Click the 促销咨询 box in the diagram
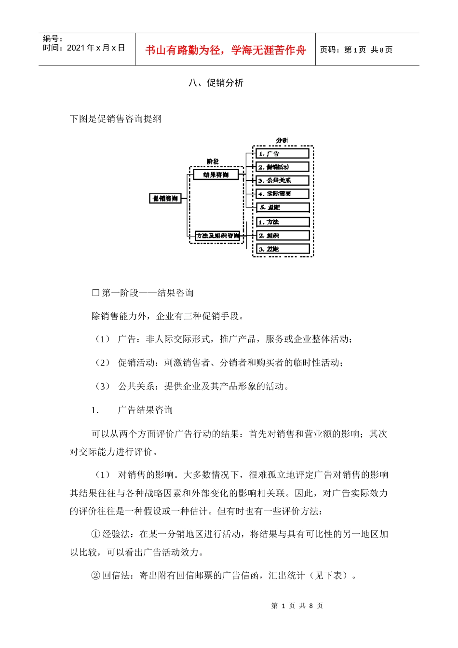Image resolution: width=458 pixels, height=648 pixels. [x=165, y=198]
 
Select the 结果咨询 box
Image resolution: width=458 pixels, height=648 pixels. [x=216, y=175]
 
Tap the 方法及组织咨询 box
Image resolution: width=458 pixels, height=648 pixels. [x=217, y=236]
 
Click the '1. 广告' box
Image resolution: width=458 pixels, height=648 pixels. [x=283, y=153]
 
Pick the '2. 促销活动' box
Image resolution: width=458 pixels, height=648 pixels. [x=283, y=167]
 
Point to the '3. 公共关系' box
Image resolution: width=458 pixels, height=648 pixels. [x=283, y=180]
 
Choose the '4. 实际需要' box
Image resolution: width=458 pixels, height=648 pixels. [x=283, y=194]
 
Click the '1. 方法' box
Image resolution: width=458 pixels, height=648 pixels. [x=283, y=222]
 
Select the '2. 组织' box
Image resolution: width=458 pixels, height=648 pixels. [x=283, y=236]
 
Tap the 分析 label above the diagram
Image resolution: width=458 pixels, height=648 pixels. [x=282, y=140]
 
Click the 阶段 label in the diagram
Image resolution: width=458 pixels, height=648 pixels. [x=213, y=162]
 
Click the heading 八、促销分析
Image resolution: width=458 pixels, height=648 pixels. [x=216, y=83]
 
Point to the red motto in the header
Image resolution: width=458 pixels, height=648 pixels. [x=226, y=50]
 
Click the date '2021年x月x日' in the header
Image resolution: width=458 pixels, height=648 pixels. [x=96, y=48]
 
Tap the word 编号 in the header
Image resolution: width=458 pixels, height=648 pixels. [x=51, y=39]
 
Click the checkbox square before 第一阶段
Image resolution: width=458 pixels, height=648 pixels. [x=95, y=293]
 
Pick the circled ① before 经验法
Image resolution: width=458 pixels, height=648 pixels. [x=95, y=534]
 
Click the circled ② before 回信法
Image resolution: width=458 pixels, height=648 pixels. [x=95, y=575]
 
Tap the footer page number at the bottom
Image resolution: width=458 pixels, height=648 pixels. [x=297, y=606]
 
